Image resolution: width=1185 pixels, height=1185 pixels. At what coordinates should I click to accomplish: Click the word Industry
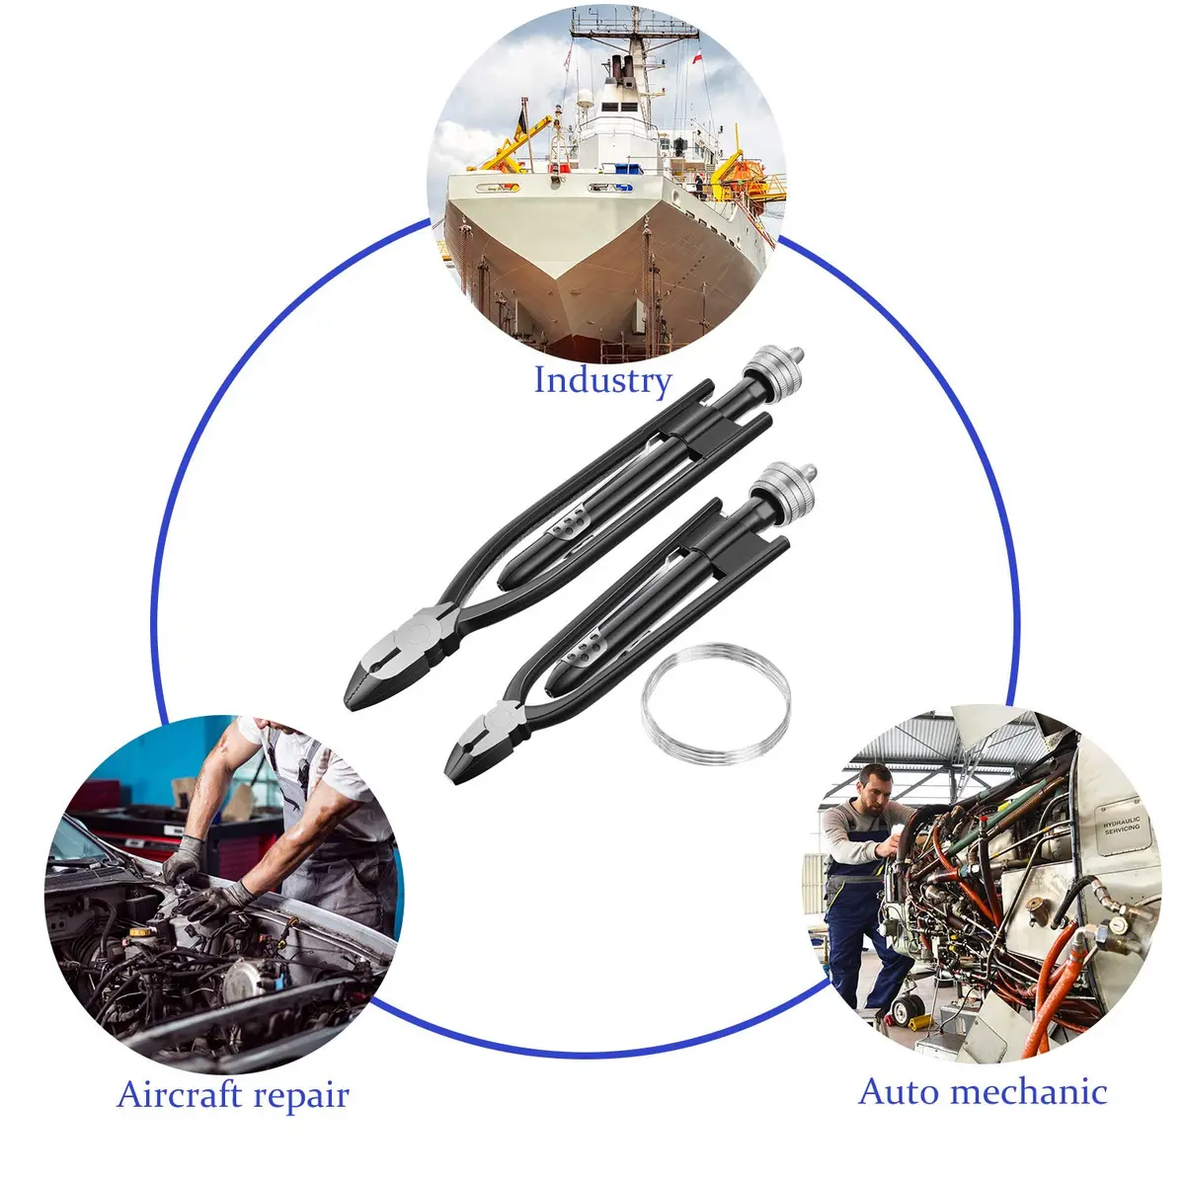602,380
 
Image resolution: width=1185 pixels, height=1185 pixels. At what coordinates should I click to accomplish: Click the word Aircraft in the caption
180,1095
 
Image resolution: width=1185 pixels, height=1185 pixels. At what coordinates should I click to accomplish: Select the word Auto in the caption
899,1092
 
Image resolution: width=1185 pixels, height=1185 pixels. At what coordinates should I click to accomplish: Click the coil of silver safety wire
715,703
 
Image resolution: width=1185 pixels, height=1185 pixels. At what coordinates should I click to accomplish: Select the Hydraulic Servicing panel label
1121,826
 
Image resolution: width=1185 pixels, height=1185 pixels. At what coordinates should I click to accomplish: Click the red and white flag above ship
697,58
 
